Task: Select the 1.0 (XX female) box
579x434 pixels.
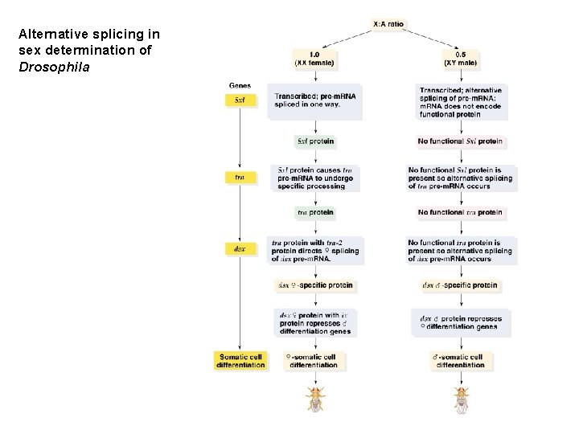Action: pyautogui.click(x=315, y=58)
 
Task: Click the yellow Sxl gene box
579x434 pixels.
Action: pyautogui.click(x=240, y=101)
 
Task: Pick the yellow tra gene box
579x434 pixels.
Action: pyautogui.click(x=240, y=176)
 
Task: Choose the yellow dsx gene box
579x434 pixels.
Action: pyautogui.click(x=240, y=249)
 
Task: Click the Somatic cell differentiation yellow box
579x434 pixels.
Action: pyautogui.click(x=240, y=361)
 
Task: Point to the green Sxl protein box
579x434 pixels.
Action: pyautogui.click(x=315, y=141)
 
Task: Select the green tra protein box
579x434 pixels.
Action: pyautogui.click(x=315, y=212)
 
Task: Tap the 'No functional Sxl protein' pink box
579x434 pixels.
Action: pyautogui.click(x=460, y=141)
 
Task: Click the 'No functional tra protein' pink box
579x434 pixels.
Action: pyautogui.click(x=460, y=212)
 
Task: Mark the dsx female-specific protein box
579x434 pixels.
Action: pyautogui.click(x=315, y=285)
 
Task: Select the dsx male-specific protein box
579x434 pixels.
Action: pyautogui.click(x=460, y=285)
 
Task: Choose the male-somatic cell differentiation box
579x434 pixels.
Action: pyautogui.click(x=460, y=361)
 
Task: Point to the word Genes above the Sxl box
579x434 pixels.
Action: pyautogui.click(x=239, y=85)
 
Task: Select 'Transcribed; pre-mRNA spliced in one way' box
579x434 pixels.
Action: pyautogui.click(x=315, y=101)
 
